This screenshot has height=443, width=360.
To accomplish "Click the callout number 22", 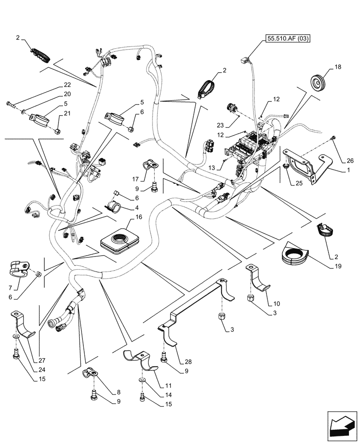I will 67,85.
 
